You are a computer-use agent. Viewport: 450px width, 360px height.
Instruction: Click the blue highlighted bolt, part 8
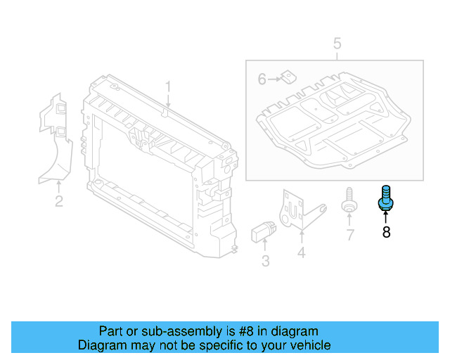(x=385, y=198)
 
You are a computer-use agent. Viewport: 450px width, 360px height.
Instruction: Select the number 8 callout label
(x=386, y=232)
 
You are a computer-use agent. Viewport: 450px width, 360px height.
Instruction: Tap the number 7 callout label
(x=349, y=235)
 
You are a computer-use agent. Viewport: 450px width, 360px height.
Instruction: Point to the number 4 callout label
(x=301, y=252)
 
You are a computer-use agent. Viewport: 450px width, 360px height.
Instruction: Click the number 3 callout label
(x=265, y=262)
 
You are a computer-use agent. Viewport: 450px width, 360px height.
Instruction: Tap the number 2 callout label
(x=59, y=202)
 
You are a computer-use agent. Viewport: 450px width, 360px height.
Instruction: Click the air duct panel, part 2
(x=56, y=141)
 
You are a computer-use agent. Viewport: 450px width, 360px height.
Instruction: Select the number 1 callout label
(x=168, y=86)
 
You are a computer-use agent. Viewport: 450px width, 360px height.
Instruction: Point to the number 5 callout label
(x=337, y=44)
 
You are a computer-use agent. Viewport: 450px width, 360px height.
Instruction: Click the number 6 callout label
(x=262, y=79)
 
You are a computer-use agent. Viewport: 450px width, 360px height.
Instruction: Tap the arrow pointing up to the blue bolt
(x=386, y=215)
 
